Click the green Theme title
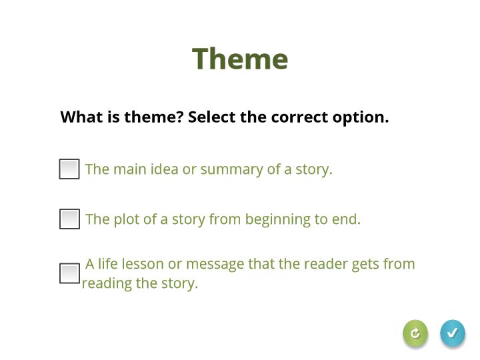(240, 59)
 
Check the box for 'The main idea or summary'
(69, 169)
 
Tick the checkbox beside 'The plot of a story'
(69, 219)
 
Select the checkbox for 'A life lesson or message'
(69, 273)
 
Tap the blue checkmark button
(453, 333)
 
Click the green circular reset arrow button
(415, 333)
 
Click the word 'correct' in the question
(300, 117)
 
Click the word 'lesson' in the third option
(143, 264)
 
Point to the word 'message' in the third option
(215, 265)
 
